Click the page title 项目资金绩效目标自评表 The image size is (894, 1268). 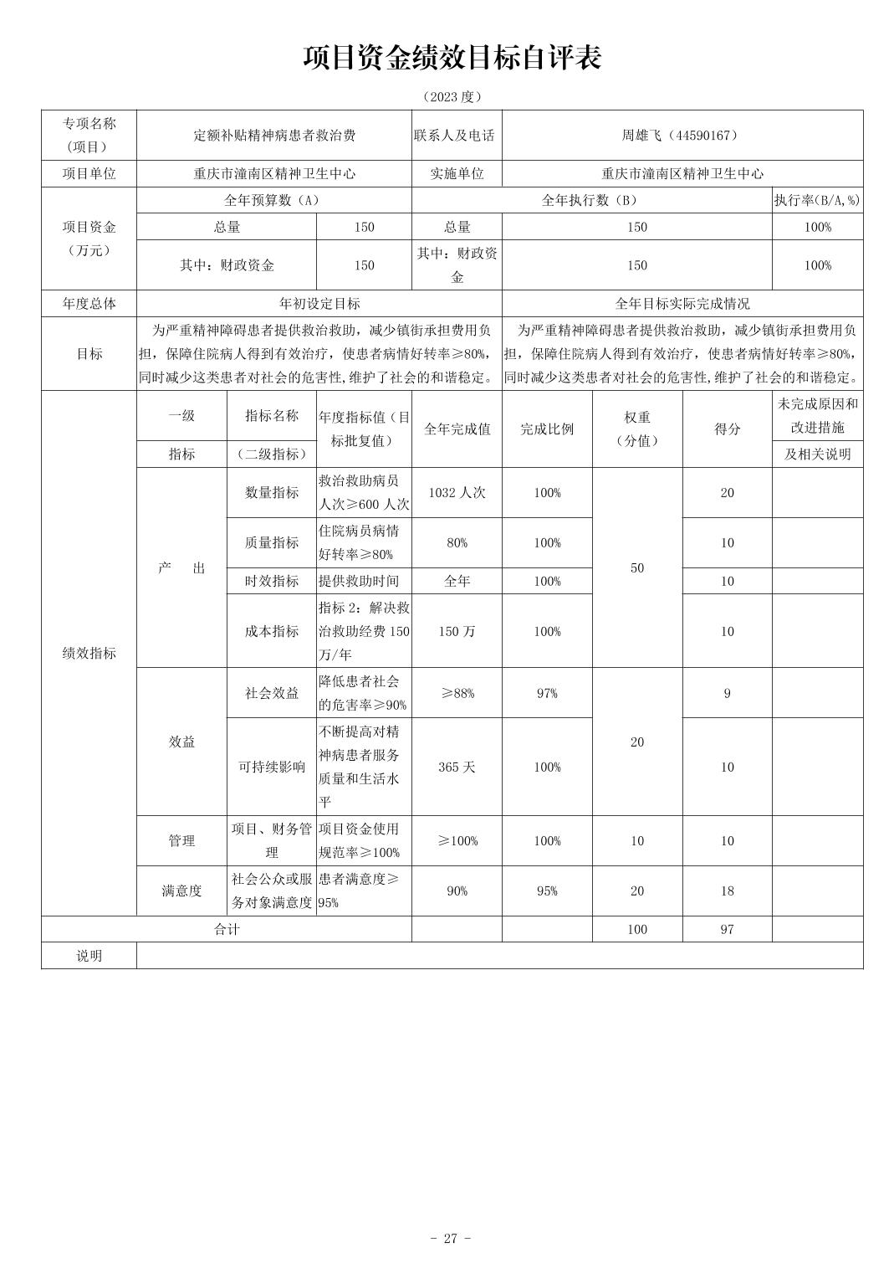pyautogui.click(x=452, y=58)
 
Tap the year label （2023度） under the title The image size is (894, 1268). pyautogui.click(x=452, y=97)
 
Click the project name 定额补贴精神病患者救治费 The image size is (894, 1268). pyautogui.click(x=273, y=136)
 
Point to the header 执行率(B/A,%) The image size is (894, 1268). pyautogui.click(x=816, y=201)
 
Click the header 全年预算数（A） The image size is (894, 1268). pyautogui.click(x=273, y=201)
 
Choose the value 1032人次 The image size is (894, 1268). pyautogui.click(x=457, y=493)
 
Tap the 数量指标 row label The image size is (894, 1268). pyautogui.click(x=272, y=493)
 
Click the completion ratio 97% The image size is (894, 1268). pyautogui.click(x=547, y=694)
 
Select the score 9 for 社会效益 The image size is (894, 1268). pyautogui.click(x=727, y=694)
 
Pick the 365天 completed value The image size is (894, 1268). pyautogui.click(x=457, y=767)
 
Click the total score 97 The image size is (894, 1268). pyautogui.click(x=727, y=930)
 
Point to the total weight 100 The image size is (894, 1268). pyautogui.click(x=636, y=930)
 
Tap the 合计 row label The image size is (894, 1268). pyautogui.click(x=227, y=930)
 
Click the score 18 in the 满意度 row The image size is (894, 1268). pyautogui.click(x=727, y=891)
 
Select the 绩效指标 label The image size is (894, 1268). pyautogui.click(x=89, y=654)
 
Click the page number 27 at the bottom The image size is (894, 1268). pyautogui.click(x=451, y=1239)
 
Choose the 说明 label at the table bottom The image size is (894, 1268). pyautogui.click(x=89, y=956)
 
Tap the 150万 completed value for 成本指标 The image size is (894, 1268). pyautogui.click(x=457, y=632)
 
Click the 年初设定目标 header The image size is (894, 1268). pyautogui.click(x=319, y=304)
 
